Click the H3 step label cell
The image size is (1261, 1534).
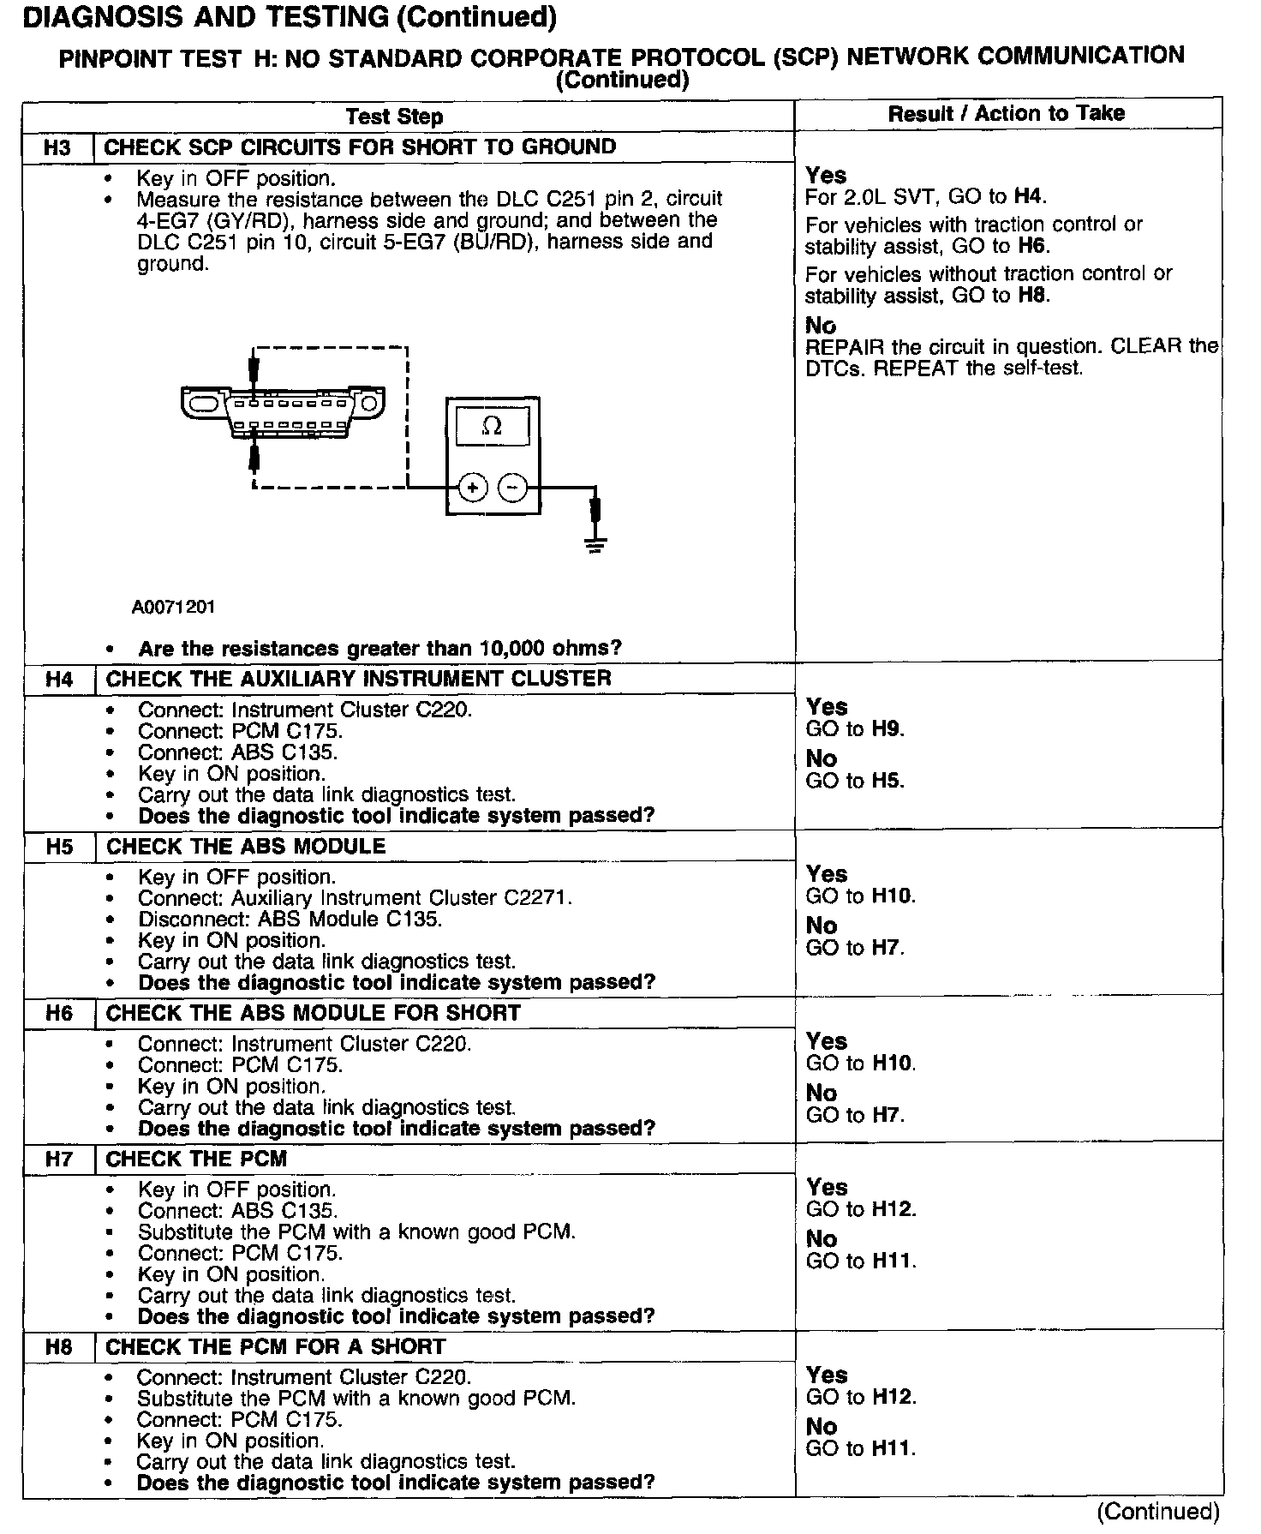click(57, 147)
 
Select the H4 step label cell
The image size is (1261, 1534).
click(59, 680)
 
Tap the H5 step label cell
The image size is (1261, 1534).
click(59, 847)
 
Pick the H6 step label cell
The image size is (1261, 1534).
click(59, 1014)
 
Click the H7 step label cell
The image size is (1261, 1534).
click(59, 1159)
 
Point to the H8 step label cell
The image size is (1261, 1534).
click(59, 1347)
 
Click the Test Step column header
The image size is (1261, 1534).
click(394, 117)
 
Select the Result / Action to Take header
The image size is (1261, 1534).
click(1006, 113)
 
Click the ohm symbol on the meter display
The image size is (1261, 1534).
click(492, 426)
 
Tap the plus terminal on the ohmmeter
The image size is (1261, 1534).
click(472, 488)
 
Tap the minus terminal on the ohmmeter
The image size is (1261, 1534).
click(512, 488)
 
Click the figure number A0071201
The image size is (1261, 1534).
click(173, 608)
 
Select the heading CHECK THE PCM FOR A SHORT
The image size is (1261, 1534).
click(275, 1347)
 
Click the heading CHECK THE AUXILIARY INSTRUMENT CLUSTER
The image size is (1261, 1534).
click(358, 679)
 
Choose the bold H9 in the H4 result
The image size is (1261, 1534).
click(887, 729)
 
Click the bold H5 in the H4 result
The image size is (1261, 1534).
click(887, 781)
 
